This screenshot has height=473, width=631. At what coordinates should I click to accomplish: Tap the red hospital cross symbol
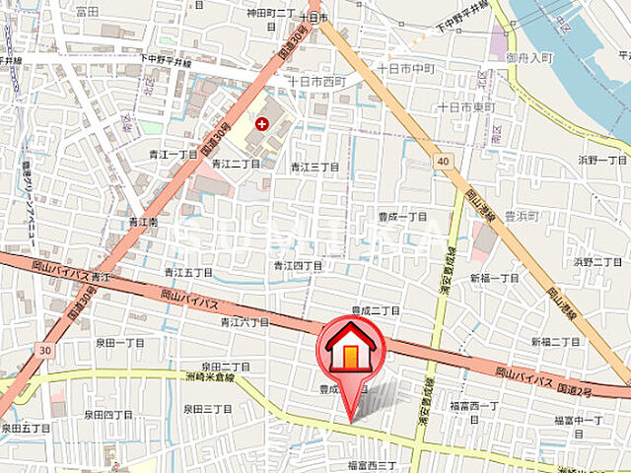point(262,123)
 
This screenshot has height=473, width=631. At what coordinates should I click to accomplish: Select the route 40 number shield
point(444,161)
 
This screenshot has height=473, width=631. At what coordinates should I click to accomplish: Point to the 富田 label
point(88,12)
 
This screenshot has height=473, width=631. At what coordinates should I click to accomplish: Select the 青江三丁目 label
point(315,168)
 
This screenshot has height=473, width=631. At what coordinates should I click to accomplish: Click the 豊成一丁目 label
point(401,216)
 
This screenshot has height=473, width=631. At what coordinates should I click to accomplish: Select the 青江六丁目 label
point(245,321)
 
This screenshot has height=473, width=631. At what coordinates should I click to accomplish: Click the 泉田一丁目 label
point(120,342)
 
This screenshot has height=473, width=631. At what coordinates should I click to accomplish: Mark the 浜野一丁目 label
point(602,160)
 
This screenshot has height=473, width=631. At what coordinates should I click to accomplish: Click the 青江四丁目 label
point(298,266)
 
